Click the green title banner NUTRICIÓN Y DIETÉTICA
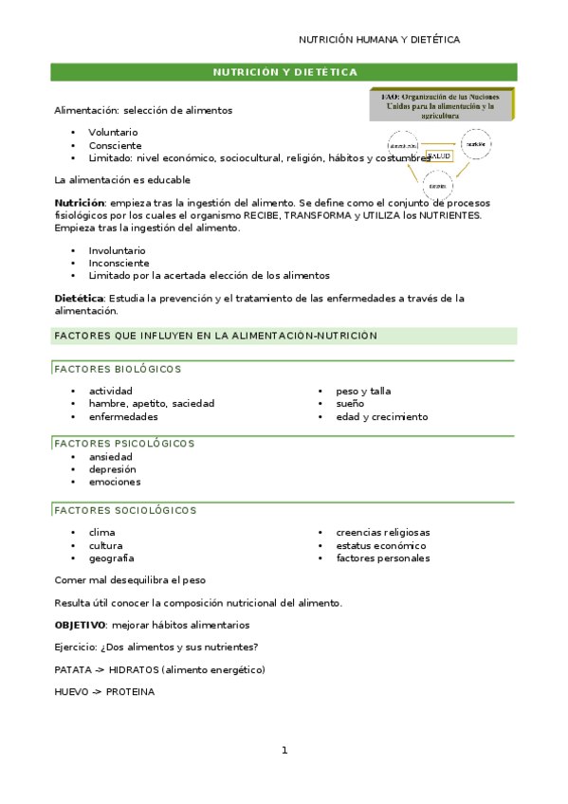(x=284, y=72)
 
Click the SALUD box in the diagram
(x=440, y=155)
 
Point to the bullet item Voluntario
(x=113, y=133)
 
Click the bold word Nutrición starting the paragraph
(x=79, y=203)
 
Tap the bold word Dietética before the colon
(x=78, y=299)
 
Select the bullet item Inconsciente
(x=119, y=264)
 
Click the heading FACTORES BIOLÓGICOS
(x=118, y=369)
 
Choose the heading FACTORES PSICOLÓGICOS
(x=124, y=443)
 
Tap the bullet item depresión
(x=112, y=469)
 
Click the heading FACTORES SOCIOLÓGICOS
(x=125, y=510)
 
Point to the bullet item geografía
(x=111, y=558)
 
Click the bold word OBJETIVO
(x=80, y=625)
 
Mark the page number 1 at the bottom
(x=284, y=751)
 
